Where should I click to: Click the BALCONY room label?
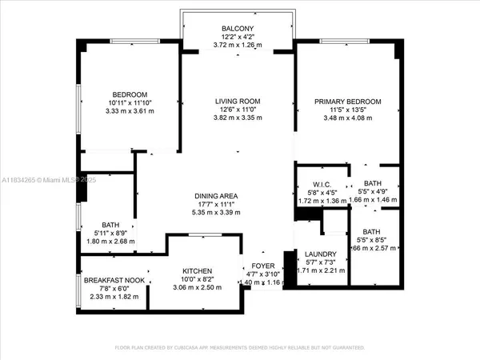click(x=238, y=29)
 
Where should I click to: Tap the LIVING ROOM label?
click(x=238, y=102)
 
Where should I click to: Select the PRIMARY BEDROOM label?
click(x=347, y=102)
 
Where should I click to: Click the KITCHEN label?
click(x=196, y=271)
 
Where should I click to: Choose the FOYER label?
click(x=264, y=265)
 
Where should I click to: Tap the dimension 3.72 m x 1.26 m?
click(x=238, y=46)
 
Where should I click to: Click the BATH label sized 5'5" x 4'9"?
click(x=372, y=184)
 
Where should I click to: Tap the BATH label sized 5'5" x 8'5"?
click(x=372, y=232)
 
